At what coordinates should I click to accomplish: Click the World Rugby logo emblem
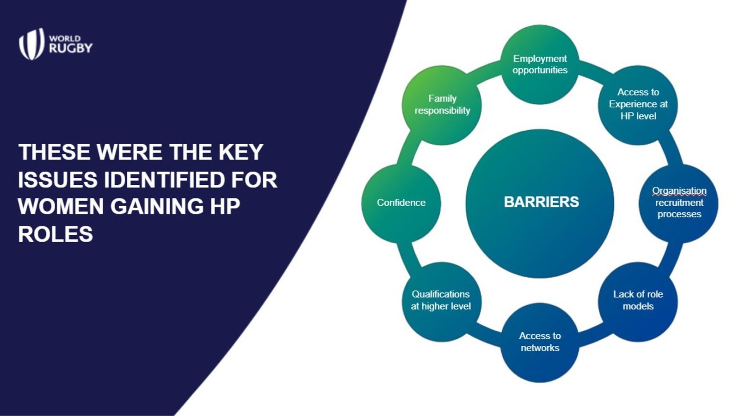pos(32,44)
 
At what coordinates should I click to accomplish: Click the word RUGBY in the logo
pos(71,48)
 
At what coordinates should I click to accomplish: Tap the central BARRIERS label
pos(542,202)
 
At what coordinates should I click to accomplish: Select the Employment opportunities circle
pos(540,65)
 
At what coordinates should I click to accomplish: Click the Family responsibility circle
pos(442,105)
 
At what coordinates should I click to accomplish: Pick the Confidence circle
pos(401,203)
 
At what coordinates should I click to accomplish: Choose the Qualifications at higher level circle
pos(442,301)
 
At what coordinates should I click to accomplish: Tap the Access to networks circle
pos(540,342)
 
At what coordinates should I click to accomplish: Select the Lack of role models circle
pos(638,301)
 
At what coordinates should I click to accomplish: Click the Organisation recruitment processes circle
pos(678,203)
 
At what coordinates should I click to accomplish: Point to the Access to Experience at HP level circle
pos(638,105)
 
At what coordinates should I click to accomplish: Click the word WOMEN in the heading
pos(61,206)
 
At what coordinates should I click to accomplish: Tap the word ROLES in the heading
pos(55,234)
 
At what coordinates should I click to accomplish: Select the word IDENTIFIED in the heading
pos(165,180)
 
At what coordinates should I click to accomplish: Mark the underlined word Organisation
pos(679,191)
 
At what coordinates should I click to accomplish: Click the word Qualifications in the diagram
pos(441,294)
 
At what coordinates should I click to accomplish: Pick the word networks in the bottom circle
pos(540,348)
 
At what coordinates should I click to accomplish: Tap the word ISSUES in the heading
pos(58,180)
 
